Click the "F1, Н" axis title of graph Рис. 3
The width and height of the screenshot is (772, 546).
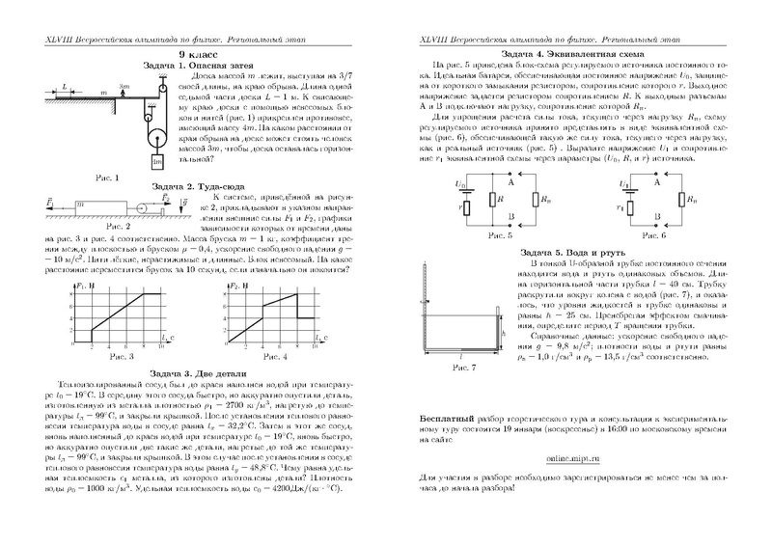tap(82, 287)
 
